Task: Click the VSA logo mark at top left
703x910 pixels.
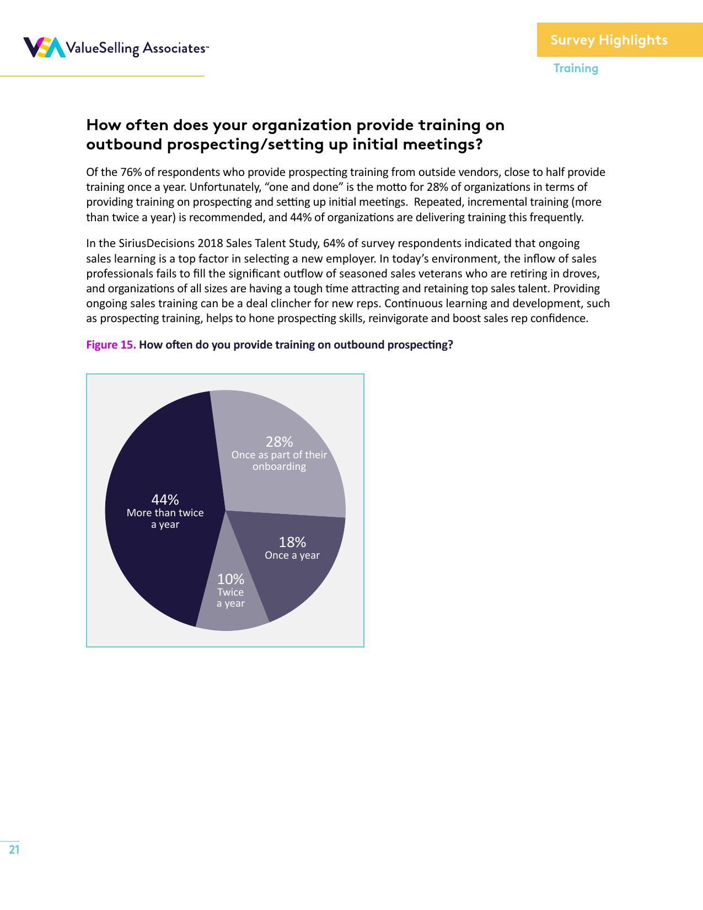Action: [44, 47]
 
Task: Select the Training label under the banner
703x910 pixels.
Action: [576, 68]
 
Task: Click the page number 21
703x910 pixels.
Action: [14, 849]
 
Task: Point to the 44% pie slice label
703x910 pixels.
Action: [165, 500]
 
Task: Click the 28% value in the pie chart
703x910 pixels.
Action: [279, 442]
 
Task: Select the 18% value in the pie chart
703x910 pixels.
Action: [292, 542]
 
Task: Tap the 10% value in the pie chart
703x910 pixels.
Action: [230, 579]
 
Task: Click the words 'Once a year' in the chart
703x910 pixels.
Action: [292, 555]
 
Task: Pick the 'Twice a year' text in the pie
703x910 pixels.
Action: [230, 598]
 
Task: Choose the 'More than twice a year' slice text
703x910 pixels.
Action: [165, 518]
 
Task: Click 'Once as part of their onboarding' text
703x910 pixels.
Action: [279, 461]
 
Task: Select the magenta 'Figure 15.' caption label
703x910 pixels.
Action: [111, 345]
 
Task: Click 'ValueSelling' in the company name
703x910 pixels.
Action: [102, 49]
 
